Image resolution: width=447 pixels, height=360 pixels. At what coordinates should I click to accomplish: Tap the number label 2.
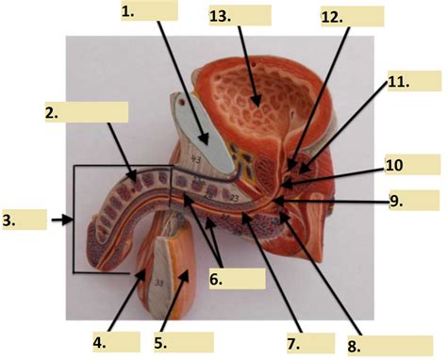pyautogui.click(x=51, y=112)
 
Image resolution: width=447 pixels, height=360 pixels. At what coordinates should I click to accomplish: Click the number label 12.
pyautogui.click(x=331, y=17)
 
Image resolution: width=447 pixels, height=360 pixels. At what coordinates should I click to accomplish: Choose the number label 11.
pyautogui.click(x=399, y=83)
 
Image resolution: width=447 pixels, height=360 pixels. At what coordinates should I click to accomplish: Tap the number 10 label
pyautogui.click(x=394, y=166)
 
